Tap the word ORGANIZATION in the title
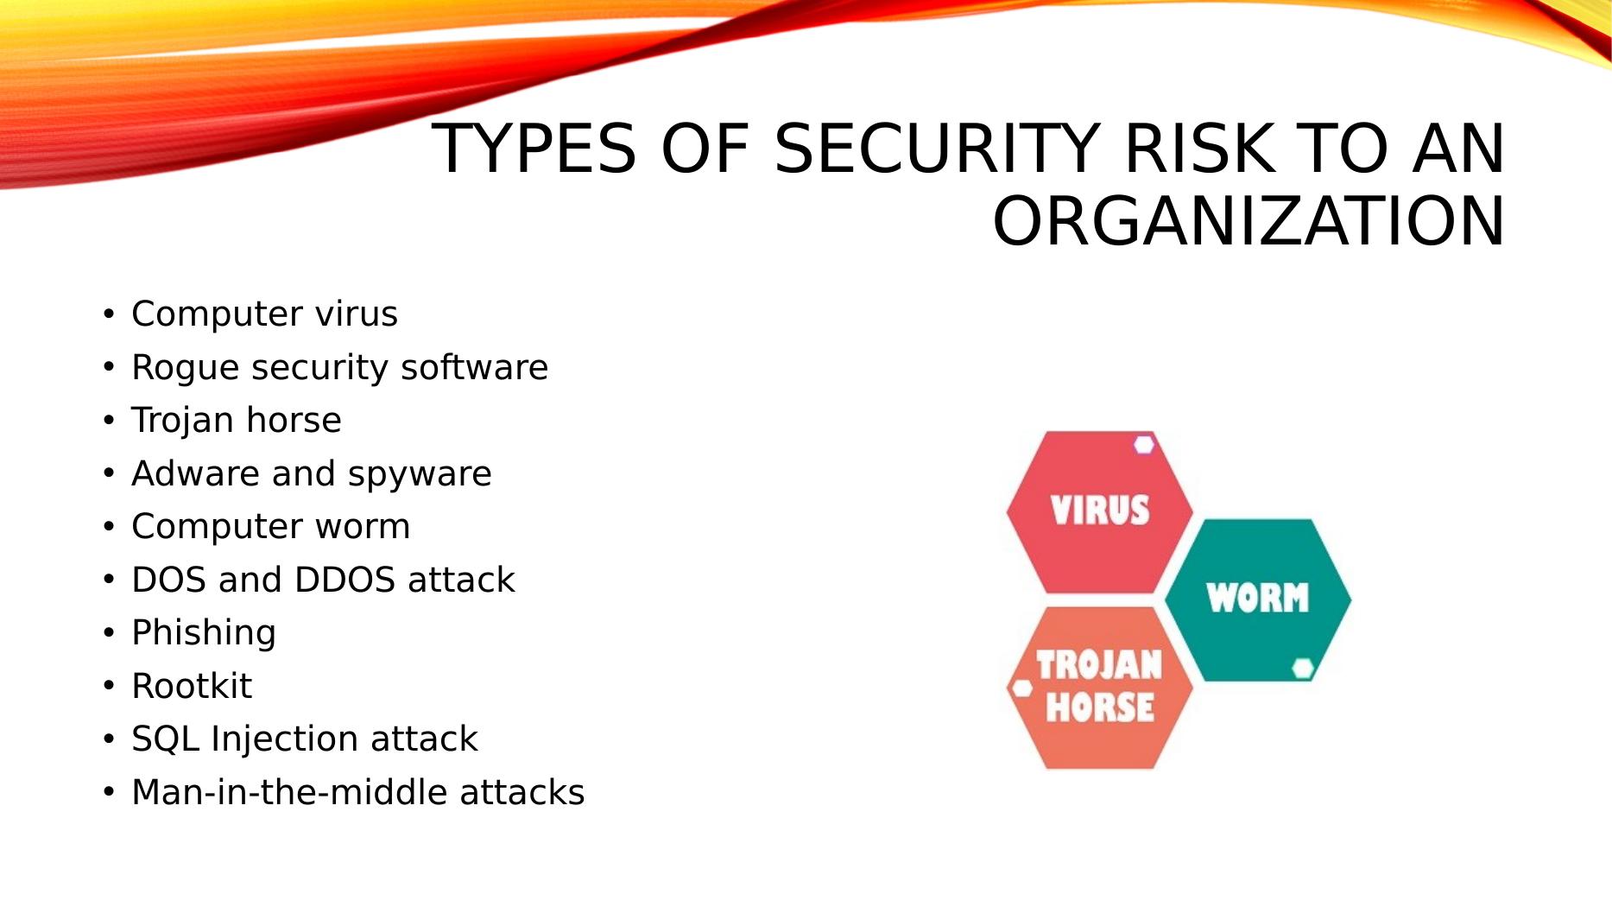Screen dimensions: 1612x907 1249,221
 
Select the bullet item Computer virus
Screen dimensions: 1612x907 264,314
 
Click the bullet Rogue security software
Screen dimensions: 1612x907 339,367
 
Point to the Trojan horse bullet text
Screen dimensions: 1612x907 236,421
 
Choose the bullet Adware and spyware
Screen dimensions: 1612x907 311,474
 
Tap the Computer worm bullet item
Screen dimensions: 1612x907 270,527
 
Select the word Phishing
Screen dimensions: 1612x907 204,633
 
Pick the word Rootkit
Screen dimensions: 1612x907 192,686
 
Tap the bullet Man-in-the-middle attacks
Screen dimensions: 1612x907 357,792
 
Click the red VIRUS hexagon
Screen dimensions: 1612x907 1099,512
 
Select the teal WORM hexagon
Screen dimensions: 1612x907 1258,599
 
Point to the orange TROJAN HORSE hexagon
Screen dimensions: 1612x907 1099,688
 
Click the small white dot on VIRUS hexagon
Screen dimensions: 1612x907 1144,445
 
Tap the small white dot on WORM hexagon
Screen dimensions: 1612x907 1303,668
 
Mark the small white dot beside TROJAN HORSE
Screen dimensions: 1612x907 1022,688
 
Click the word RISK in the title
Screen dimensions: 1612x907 1198,149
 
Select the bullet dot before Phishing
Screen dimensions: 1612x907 108,633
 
